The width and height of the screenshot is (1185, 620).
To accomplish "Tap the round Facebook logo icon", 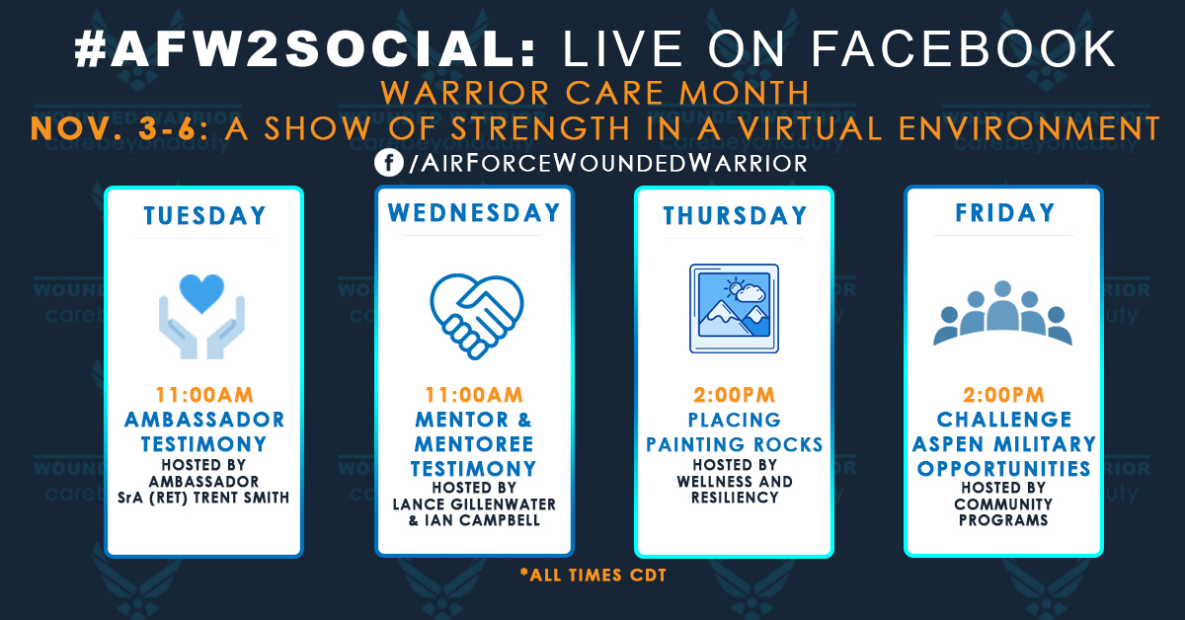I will tap(387, 162).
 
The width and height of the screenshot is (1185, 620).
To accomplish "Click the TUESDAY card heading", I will tap(204, 215).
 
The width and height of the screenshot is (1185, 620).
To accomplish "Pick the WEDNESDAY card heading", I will tap(474, 213).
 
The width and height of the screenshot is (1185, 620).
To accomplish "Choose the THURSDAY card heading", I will tap(735, 215).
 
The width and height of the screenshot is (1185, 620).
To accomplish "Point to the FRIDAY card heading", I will tap(1003, 213).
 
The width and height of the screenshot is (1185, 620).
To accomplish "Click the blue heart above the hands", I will tap(203, 292).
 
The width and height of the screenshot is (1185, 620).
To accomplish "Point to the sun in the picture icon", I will tap(733, 289).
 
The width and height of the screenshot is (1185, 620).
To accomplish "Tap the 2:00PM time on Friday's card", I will tap(1003, 395).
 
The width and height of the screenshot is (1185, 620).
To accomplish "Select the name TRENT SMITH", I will tap(241, 498).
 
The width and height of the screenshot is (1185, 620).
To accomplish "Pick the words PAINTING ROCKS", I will tap(735, 444).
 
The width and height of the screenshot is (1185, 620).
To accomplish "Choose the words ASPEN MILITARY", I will tap(1003, 444).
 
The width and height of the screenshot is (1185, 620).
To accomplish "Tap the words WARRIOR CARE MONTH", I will tap(594, 94).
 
